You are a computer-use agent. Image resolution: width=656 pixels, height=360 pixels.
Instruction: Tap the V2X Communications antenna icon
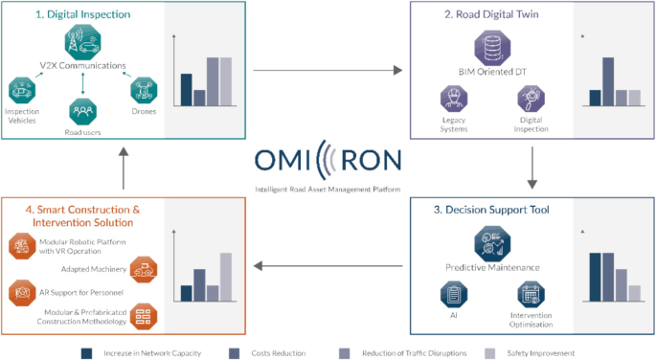[83, 41]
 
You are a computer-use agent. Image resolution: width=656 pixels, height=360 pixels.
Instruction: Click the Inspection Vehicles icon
[21, 92]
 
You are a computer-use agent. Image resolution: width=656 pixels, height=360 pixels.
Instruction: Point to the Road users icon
[82, 110]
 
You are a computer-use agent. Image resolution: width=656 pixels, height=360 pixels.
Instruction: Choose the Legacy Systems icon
[453, 99]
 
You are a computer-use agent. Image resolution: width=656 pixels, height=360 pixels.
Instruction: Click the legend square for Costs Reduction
[233, 352]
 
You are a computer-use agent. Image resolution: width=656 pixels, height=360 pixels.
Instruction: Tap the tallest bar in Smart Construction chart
[226, 277]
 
